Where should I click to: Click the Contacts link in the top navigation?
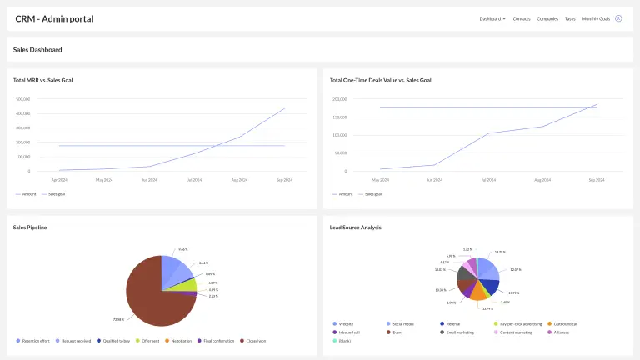click(522, 18)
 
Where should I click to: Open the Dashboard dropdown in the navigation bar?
click(492, 18)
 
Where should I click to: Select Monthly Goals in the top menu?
click(596, 18)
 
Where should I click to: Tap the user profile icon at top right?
click(618, 18)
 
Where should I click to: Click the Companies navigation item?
click(547, 18)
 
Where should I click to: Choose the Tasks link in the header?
click(570, 18)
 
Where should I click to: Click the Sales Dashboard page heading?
click(37, 50)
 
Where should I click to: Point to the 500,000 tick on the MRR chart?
click(23, 99)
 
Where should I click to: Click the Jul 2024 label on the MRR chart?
click(194, 179)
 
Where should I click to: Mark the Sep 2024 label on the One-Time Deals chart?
click(596, 179)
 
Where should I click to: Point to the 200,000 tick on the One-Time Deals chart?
click(340, 99)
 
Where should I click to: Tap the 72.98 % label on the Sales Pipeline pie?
click(118, 319)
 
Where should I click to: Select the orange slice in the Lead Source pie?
click(477, 292)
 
